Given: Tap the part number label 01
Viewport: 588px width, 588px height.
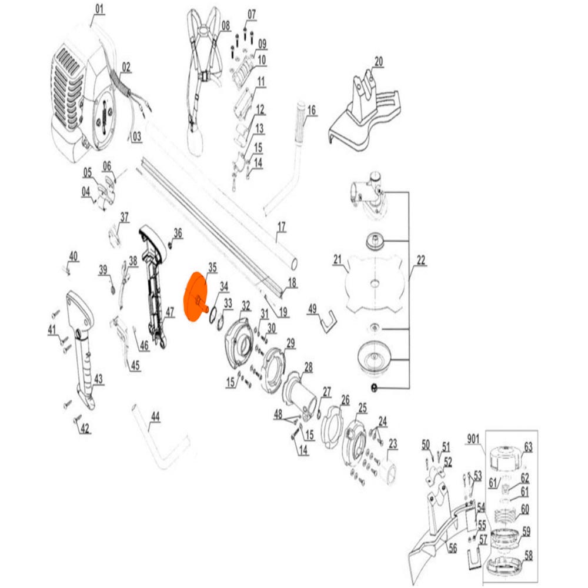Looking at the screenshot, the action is pyautogui.click(x=99, y=9).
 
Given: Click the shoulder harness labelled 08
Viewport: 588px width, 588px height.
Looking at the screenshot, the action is pyautogui.click(x=202, y=75).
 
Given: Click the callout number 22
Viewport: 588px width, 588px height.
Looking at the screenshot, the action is pyautogui.click(x=421, y=260).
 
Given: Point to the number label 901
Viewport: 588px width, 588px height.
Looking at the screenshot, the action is pyautogui.click(x=473, y=439).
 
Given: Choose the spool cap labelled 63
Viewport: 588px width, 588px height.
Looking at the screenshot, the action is pyautogui.click(x=506, y=457).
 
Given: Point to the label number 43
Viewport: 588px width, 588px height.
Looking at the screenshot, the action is pyautogui.click(x=98, y=378).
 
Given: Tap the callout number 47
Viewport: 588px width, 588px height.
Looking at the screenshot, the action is pyautogui.click(x=170, y=312).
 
